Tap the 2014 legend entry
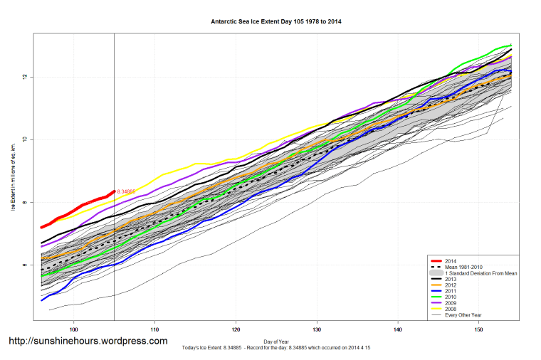pos(450,261)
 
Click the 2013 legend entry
pos(450,280)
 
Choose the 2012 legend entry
pos(450,286)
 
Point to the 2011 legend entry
pos(450,292)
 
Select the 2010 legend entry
pos(450,298)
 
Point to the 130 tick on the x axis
pos(317,330)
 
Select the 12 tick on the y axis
pos(23,77)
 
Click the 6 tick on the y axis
pos(23,265)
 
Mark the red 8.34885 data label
pos(127,191)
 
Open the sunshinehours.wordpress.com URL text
pos(88,342)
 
